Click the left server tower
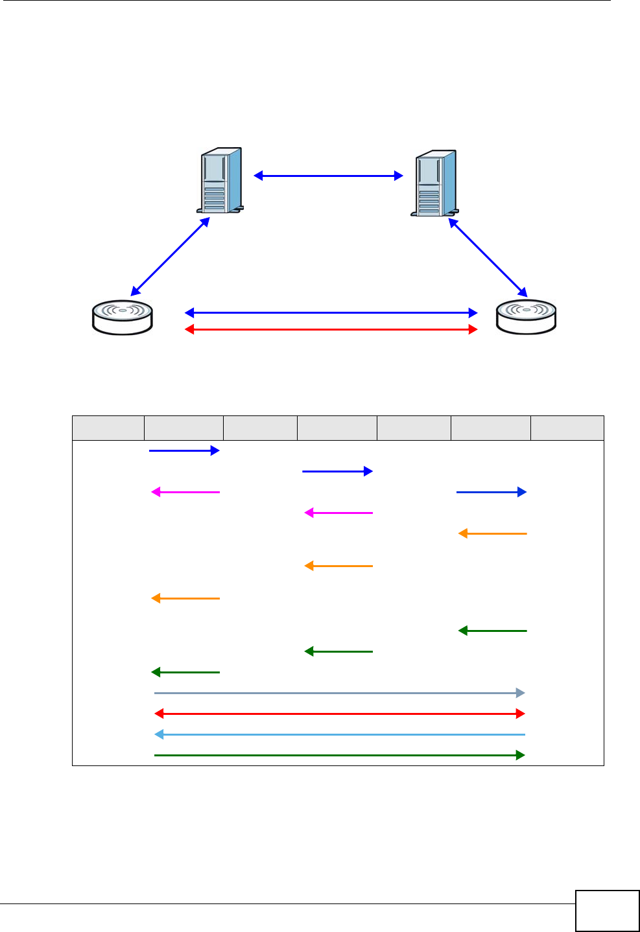coord(220,181)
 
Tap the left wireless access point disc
coord(123,318)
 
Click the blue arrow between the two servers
coord(328,176)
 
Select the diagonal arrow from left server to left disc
coord(170,256)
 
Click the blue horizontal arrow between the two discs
coord(331,313)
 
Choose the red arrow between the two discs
coord(331,329)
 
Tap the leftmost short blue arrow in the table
coord(184,450)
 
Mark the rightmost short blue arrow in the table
coord(491,492)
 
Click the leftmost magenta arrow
coord(185,492)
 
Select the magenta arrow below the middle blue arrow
coord(338,513)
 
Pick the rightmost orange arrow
coord(492,533)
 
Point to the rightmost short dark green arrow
coord(492,631)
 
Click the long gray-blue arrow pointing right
coord(339,693)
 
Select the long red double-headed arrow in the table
coord(339,714)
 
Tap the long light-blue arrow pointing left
coord(339,734)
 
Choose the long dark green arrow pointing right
coord(339,755)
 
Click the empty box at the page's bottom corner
coord(607,911)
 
